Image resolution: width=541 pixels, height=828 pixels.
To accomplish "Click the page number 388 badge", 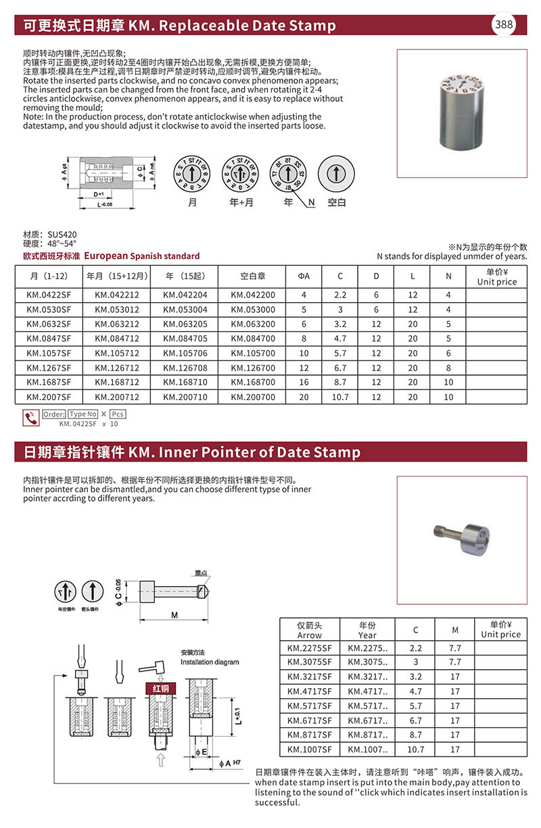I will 504,25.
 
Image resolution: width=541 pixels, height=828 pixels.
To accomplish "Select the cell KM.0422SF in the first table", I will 49,295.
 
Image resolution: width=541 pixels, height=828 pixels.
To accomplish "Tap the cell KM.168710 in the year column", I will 183,382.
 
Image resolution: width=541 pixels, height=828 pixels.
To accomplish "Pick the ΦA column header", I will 304,276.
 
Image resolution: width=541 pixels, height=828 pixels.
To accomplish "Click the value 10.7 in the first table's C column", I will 340,397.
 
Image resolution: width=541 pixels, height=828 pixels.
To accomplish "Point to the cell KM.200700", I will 253,397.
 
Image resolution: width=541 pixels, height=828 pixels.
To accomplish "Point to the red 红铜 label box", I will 161,688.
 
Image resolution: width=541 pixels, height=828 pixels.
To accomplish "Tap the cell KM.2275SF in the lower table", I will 309,648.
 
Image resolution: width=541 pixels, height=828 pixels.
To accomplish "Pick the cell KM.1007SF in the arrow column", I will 309,750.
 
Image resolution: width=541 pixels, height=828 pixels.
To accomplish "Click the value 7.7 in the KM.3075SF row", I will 455,662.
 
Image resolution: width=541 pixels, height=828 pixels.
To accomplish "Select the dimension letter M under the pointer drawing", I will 174,614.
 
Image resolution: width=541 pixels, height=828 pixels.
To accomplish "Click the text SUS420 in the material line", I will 62,235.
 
